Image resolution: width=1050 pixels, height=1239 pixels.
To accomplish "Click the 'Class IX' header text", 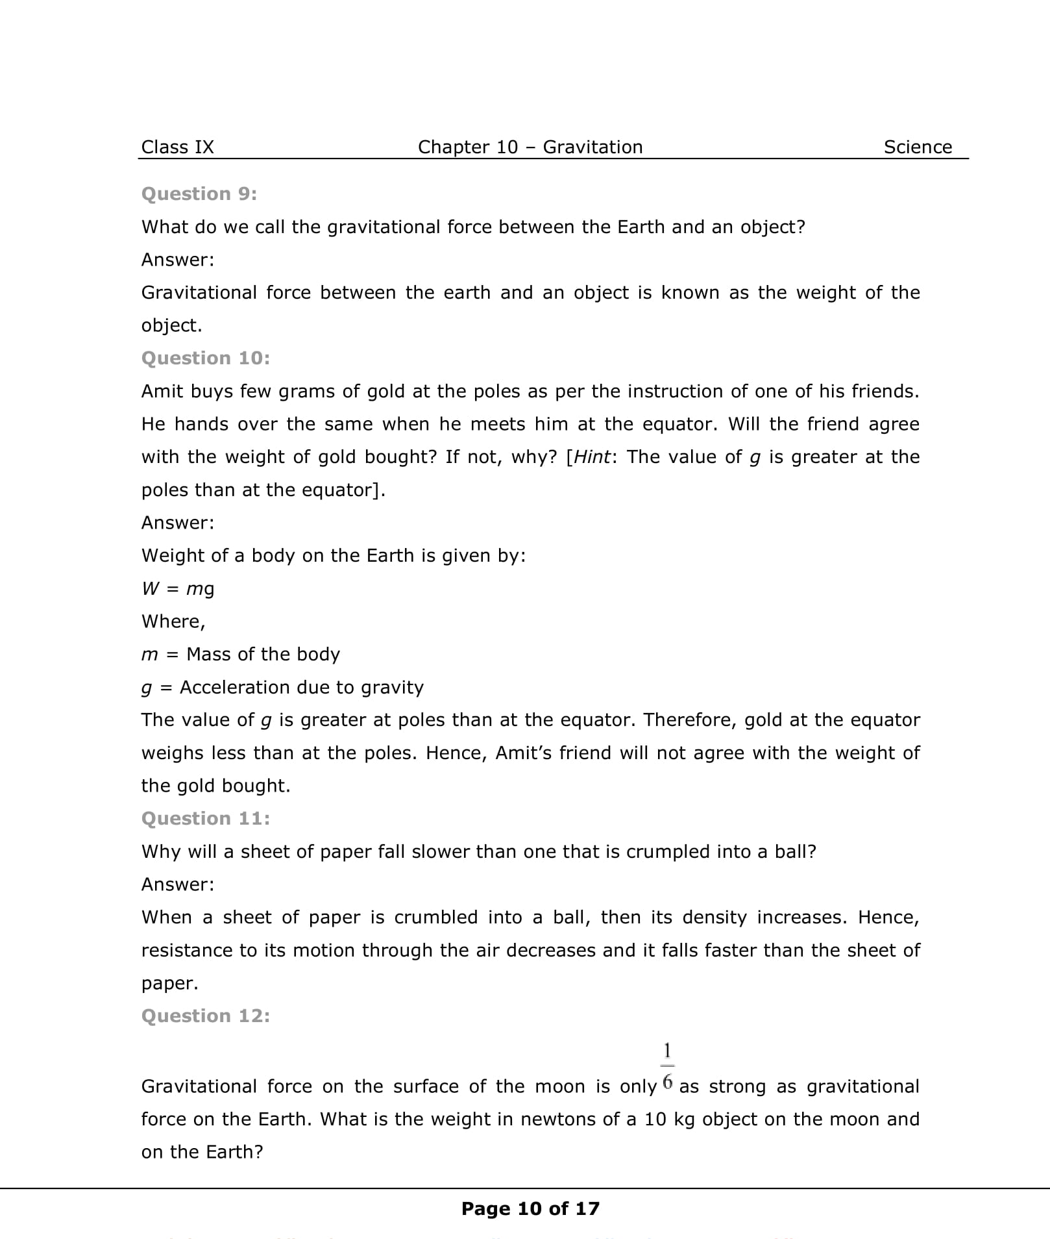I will (x=177, y=147).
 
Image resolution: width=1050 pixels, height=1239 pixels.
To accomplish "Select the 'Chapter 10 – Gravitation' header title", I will (x=530, y=147).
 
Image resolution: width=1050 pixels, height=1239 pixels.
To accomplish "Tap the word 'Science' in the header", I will (x=918, y=147).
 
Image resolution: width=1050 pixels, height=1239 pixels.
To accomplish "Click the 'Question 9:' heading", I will (x=199, y=194).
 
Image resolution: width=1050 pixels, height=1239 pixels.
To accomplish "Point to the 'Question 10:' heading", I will (x=206, y=358).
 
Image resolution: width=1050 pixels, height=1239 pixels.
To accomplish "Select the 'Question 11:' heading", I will (x=206, y=818).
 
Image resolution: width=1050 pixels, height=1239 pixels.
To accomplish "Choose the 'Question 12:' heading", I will (x=206, y=1016).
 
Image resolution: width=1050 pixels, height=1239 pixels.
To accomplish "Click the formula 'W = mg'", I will (x=178, y=588).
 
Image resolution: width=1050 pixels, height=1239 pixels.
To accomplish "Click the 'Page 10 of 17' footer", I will (x=530, y=1208).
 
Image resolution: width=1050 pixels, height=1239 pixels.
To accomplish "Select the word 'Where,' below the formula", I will (x=173, y=621).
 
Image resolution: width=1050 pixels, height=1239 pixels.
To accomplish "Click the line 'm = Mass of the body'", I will (x=241, y=654).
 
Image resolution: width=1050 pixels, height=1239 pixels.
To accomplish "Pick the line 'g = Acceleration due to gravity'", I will (x=282, y=687).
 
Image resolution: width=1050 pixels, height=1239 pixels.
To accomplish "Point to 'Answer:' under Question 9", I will (x=178, y=260).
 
